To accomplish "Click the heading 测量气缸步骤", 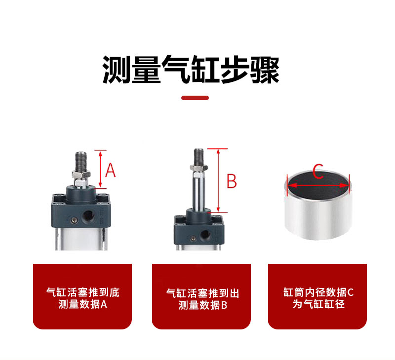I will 191,70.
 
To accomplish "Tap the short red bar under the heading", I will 195,98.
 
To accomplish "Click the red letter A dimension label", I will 110,170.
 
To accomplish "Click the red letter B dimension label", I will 232,180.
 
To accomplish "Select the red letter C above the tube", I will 318,173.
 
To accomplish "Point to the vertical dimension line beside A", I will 101,169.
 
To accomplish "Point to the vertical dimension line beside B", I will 218,180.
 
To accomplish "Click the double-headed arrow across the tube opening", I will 318,186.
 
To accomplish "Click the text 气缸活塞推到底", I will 82,292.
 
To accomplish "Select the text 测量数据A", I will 82,304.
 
